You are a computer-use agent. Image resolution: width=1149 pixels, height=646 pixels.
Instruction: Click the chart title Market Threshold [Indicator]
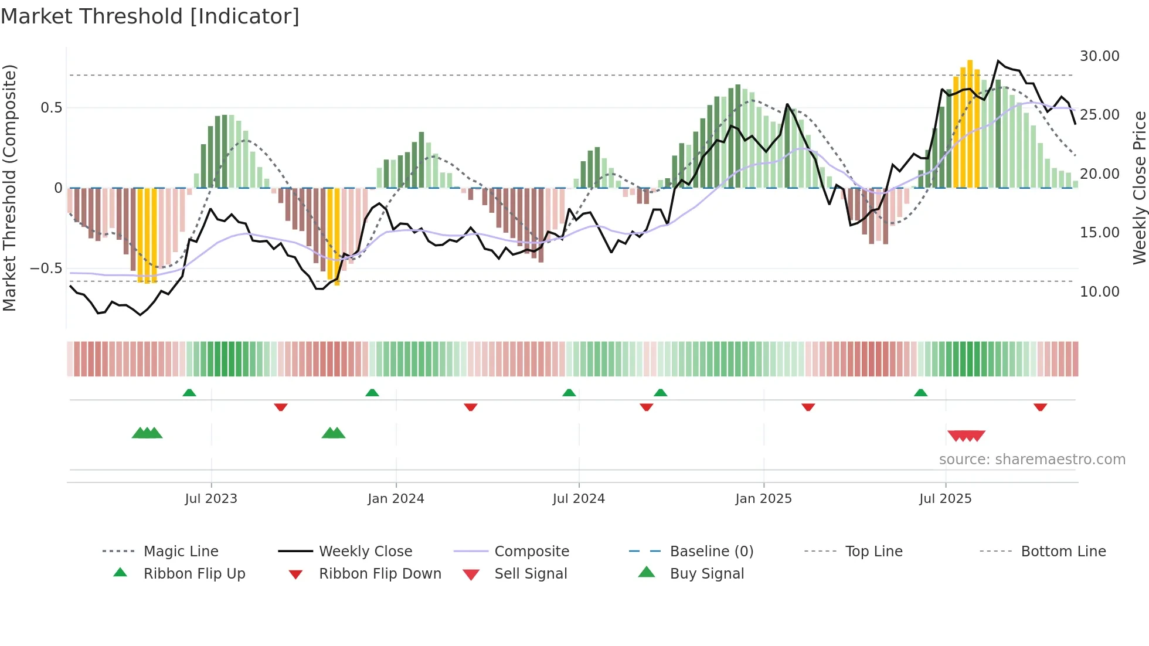click(x=150, y=16)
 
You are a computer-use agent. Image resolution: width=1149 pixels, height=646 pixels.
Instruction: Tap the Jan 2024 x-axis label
click(x=396, y=499)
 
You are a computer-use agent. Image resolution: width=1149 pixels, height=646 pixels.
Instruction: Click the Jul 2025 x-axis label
click(x=945, y=499)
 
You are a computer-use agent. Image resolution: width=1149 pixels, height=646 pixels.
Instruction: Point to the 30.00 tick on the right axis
click(x=1099, y=56)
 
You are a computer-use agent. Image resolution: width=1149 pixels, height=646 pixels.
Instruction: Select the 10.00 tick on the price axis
click(x=1099, y=291)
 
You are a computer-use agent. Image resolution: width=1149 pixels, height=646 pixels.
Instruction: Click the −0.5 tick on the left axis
click(x=46, y=268)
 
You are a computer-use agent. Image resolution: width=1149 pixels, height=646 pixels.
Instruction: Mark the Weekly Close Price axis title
click(x=1139, y=188)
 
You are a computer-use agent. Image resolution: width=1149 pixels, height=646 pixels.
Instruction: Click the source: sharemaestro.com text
click(x=1032, y=460)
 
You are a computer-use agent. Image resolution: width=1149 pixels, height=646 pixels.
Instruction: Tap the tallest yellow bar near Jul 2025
click(x=970, y=123)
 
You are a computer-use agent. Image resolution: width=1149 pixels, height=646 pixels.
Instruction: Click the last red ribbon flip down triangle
click(x=1040, y=407)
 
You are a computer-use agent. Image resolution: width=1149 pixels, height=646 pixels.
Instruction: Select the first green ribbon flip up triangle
click(x=189, y=393)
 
